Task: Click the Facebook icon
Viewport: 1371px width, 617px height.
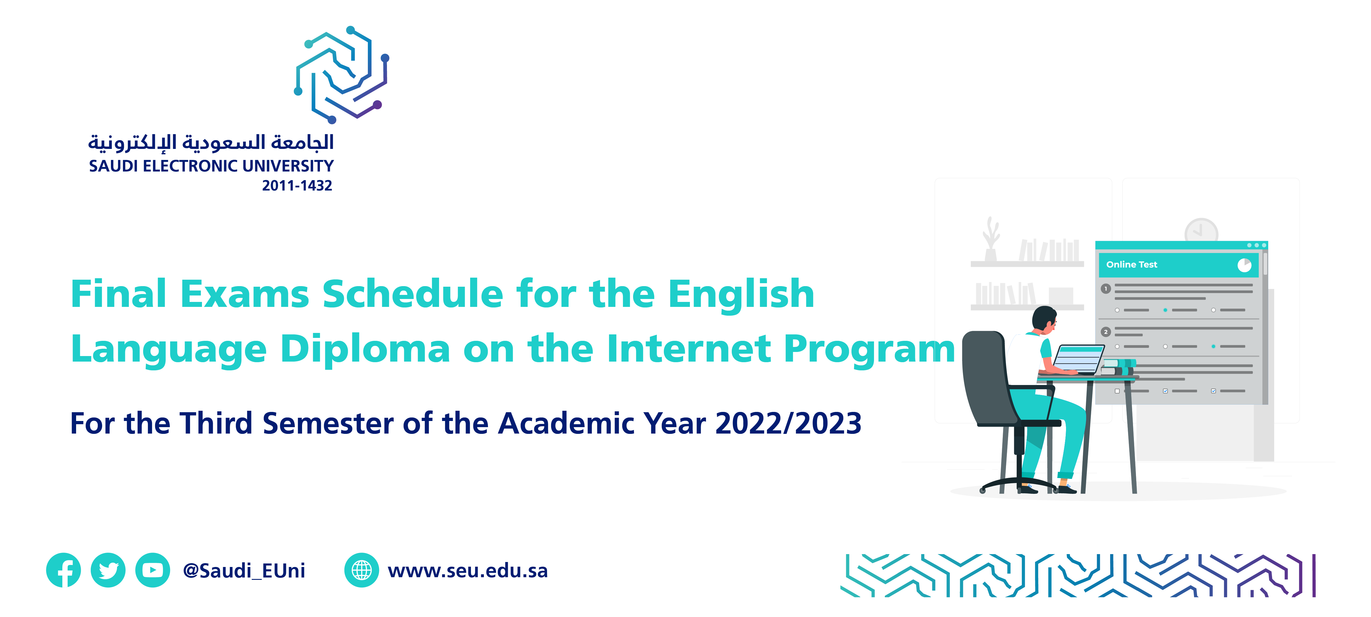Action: (63, 570)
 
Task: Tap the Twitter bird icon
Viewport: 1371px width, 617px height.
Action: (108, 570)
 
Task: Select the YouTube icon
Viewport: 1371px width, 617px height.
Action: (153, 570)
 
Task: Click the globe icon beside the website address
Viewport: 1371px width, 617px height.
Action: (362, 570)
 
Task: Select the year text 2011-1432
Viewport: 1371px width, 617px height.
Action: (297, 186)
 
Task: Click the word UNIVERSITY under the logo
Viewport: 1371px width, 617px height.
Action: (288, 166)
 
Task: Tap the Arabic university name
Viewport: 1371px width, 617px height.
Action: (211, 142)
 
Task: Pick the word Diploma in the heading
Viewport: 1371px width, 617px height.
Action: (366, 349)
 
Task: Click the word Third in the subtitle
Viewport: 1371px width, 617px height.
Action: (215, 423)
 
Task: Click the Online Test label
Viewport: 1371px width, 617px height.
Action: (1132, 264)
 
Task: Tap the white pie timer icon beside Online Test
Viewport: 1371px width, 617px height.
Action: (1244, 265)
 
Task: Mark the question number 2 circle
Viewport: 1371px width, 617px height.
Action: (1106, 332)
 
